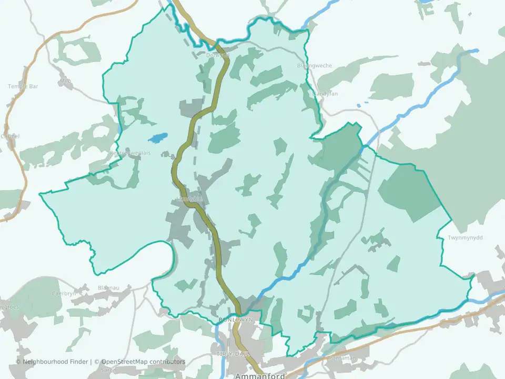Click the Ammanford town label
tap(260, 376)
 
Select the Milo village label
tap(65, 81)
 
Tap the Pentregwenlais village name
tap(130, 153)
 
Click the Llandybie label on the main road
tap(190, 198)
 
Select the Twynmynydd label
tap(465, 237)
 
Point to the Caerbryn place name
tap(65, 293)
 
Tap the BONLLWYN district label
tap(235, 320)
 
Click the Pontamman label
tap(342, 358)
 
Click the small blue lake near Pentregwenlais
tap(157, 138)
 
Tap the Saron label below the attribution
tap(108, 370)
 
